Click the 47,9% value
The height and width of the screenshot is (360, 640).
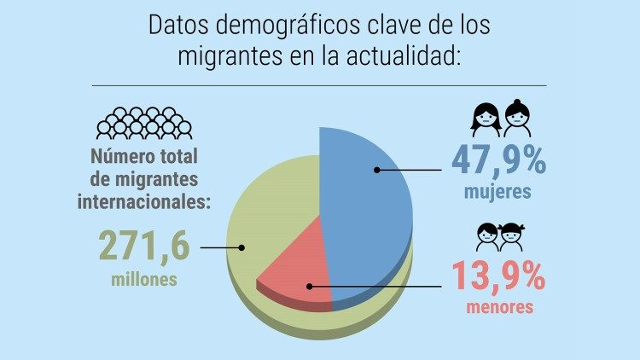tap(499, 161)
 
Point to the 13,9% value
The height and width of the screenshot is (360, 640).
tap(498, 276)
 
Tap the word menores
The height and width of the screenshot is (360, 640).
tap(499, 306)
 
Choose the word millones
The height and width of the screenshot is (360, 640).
tap(144, 279)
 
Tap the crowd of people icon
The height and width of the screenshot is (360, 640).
tap(143, 123)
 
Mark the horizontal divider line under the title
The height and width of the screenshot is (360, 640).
tap(319, 85)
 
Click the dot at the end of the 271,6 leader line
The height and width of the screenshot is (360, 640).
tap(242, 248)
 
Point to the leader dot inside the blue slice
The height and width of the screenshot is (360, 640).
tap(375, 171)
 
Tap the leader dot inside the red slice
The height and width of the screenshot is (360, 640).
tap(309, 287)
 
